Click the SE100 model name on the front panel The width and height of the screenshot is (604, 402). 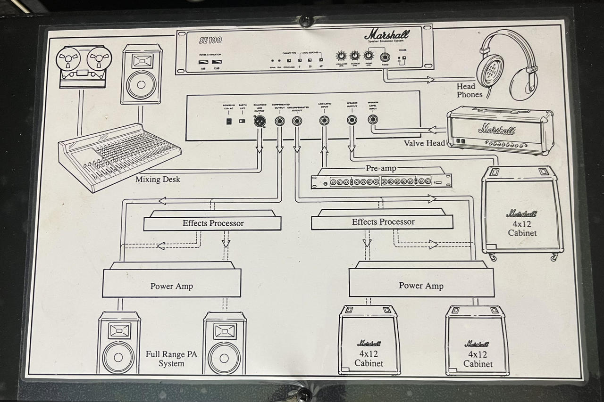(x=210, y=41)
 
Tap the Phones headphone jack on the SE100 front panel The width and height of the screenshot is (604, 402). (x=385, y=57)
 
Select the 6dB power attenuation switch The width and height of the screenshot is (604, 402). (x=203, y=62)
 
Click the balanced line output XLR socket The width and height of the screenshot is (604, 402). (x=260, y=121)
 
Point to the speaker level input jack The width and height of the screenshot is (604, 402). (x=373, y=120)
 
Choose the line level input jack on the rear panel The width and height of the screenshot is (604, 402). (x=324, y=121)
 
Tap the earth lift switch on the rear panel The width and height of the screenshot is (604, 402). (x=243, y=121)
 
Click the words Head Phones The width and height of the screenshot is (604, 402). (x=469, y=90)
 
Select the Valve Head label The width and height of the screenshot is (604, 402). (x=425, y=143)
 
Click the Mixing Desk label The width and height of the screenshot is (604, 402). (x=158, y=180)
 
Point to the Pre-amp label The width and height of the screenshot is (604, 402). (x=381, y=168)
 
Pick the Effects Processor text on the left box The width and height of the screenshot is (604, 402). (x=213, y=223)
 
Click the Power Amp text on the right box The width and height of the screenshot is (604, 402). (x=421, y=286)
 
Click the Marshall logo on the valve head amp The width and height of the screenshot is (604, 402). (x=496, y=129)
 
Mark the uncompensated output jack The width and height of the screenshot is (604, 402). (x=296, y=121)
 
